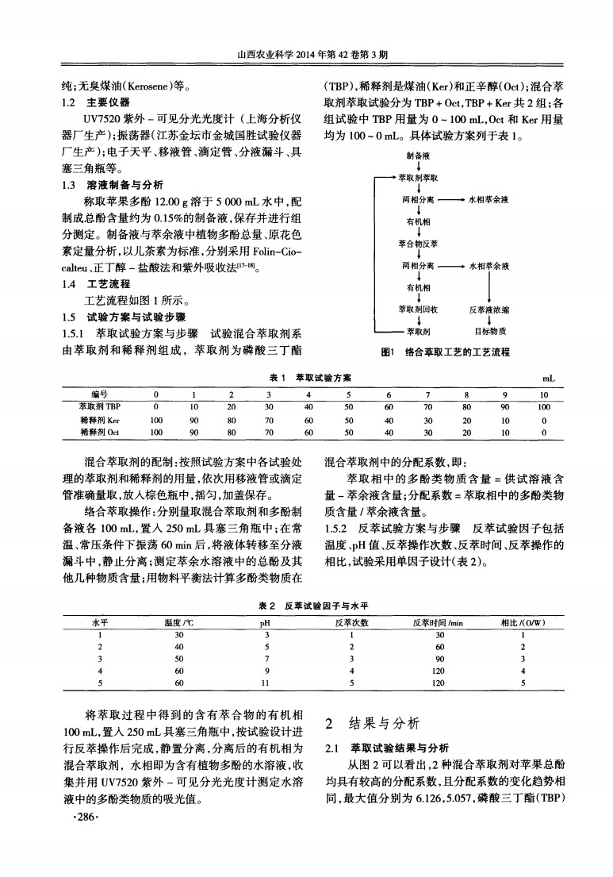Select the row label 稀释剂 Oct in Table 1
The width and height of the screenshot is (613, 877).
(99, 433)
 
